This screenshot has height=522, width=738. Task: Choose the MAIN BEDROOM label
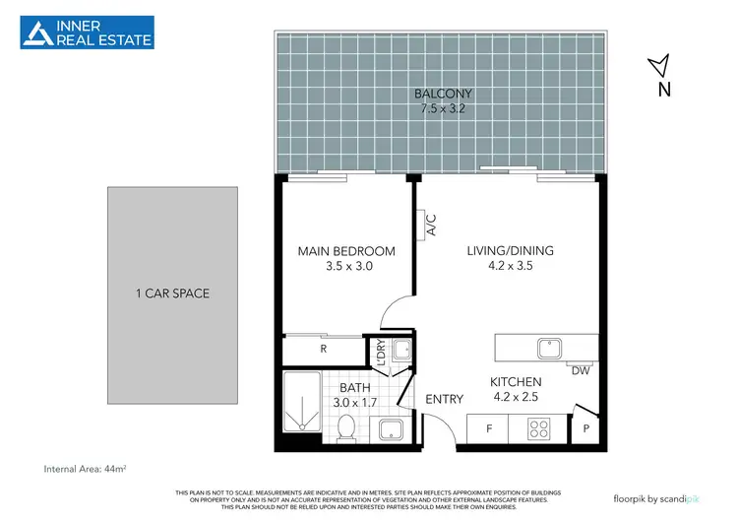[x=346, y=251]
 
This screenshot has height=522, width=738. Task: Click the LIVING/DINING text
[x=510, y=251]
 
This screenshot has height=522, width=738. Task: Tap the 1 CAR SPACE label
[x=172, y=294]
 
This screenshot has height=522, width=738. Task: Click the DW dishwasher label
[x=582, y=371]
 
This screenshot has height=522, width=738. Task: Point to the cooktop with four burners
[x=540, y=428]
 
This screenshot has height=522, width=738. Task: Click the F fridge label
[x=488, y=428]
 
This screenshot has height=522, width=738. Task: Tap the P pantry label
[x=585, y=428]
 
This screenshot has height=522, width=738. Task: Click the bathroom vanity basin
[x=389, y=429]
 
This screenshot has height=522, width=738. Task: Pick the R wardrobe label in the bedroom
[x=324, y=348]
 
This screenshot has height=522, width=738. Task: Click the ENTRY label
[x=444, y=399]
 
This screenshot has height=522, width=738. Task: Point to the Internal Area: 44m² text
[x=90, y=468]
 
